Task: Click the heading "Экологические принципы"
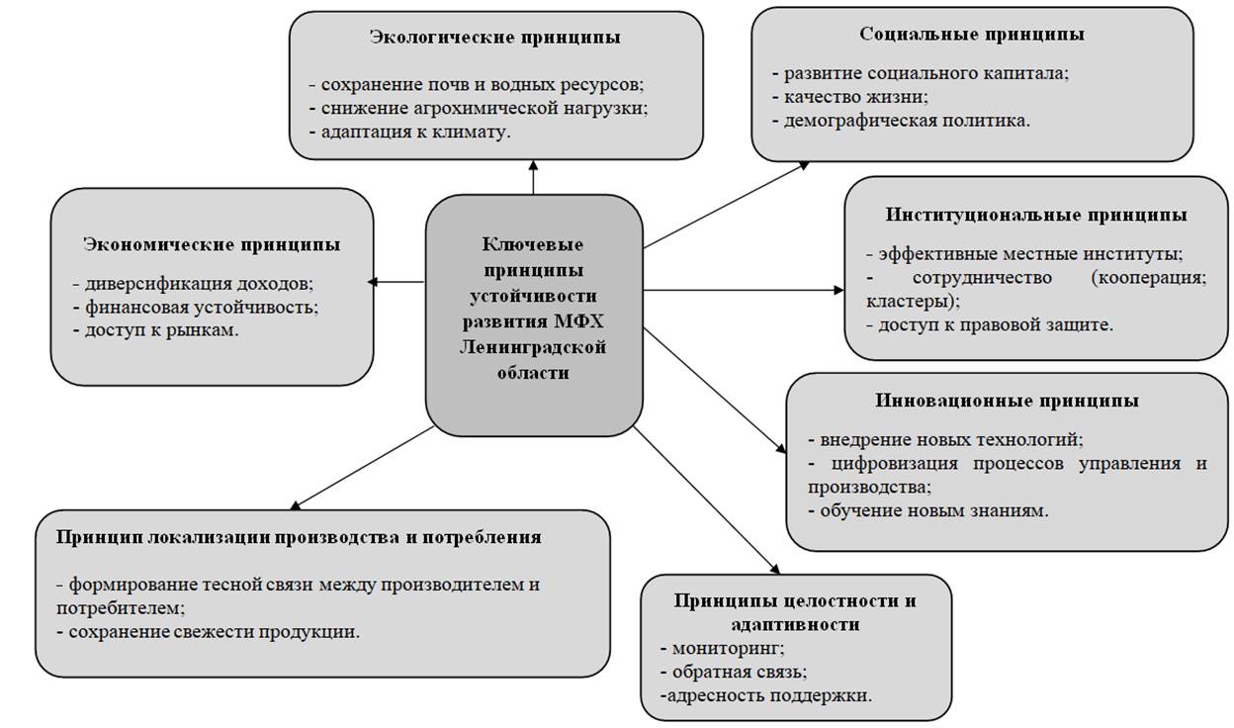(x=495, y=38)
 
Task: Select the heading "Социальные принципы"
(x=971, y=34)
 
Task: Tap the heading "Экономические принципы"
(x=212, y=243)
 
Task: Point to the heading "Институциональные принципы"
(x=1036, y=215)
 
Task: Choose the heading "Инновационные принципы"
(x=1007, y=401)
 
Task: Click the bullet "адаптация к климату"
(x=410, y=132)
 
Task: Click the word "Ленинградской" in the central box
(x=533, y=347)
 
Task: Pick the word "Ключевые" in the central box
(x=533, y=243)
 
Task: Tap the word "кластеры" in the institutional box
(x=898, y=300)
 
